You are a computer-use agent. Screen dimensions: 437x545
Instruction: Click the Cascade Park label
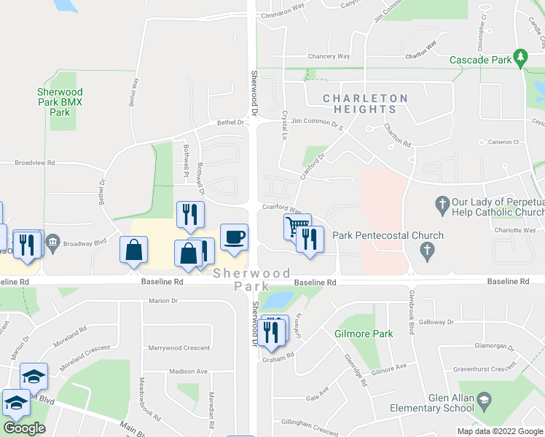480,60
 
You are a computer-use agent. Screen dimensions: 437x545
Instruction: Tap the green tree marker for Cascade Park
520,56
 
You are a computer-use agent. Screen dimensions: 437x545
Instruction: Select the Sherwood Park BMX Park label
60,103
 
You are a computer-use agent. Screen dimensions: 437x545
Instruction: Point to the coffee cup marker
233,237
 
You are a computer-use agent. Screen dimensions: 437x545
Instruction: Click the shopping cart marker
296,227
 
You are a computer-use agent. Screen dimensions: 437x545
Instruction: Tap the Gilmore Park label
364,334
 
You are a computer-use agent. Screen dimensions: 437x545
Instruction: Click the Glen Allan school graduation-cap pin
483,401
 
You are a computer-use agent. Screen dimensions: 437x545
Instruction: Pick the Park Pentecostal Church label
388,235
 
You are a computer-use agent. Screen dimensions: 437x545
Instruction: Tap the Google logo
24,428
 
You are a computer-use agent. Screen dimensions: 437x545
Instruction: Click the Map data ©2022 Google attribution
500,431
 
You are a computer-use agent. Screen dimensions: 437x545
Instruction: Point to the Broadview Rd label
35,163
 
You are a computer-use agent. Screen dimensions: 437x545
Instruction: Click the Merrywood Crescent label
179,348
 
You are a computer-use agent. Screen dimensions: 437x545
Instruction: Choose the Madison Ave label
188,371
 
